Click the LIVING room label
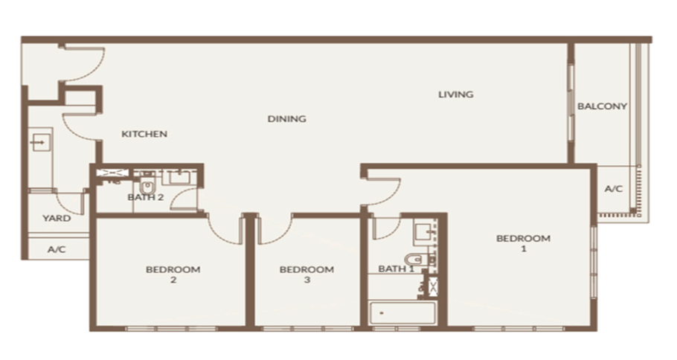pos(456,94)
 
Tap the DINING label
pos(286,119)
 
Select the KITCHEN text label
pos(144,134)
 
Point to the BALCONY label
pos(603,106)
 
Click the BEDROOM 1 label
pos(523,243)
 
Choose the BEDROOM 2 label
pos(173,274)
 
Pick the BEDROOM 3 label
pos(307,274)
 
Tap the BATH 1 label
pos(396,269)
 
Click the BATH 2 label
pos(146,197)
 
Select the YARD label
pos(57,219)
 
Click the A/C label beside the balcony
pos(614,189)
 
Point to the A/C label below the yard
pos(57,249)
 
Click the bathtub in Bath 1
pos(402,313)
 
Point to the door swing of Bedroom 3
pos(275,230)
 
